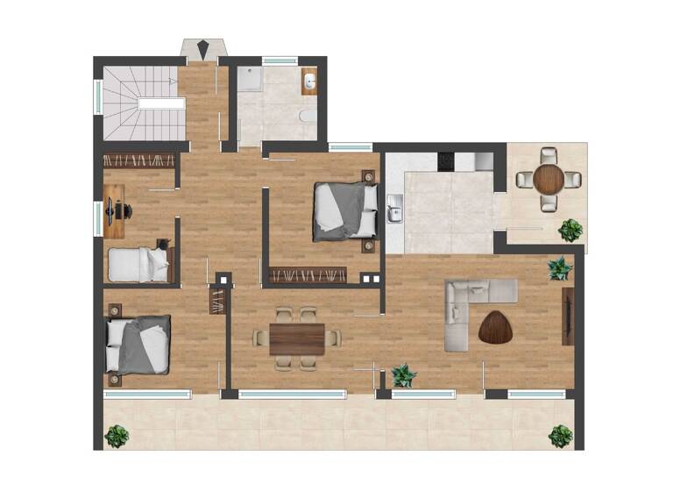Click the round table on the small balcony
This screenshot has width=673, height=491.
coord(549,179)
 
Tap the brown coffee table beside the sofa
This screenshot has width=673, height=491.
coord(497,327)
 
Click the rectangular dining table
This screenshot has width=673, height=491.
coord(297,338)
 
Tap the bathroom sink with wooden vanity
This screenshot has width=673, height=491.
coord(309,82)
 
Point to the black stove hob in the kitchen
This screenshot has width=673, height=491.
coord(446,161)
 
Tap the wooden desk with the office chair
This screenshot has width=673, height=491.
coord(114,210)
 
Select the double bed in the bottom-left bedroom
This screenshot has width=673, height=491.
coord(138,344)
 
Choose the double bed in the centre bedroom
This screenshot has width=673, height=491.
coord(344,210)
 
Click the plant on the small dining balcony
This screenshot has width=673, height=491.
coord(570,230)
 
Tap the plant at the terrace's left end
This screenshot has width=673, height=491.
coord(117,435)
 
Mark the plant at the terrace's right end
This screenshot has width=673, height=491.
coord(560,435)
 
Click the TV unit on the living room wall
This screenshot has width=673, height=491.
coord(568,317)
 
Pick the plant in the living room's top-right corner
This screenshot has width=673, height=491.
coord(559,268)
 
